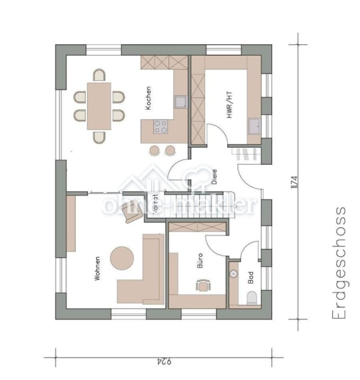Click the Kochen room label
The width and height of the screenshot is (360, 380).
(148, 98)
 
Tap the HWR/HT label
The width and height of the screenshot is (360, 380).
(229, 105)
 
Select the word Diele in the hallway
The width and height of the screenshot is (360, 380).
(214, 176)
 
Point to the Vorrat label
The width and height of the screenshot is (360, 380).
(155, 204)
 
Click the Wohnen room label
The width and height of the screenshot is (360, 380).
(97, 269)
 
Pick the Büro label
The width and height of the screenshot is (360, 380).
(200, 261)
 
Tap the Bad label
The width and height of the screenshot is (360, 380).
(251, 277)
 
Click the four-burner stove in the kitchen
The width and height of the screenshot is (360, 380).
(161, 127)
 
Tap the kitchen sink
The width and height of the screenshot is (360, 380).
(181, 102)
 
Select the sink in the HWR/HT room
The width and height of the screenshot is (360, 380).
(254, 126)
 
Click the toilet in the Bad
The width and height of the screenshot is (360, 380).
(252, 298)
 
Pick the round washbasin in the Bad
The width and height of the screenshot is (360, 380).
(233, 274)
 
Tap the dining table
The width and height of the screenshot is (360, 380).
(99, 106)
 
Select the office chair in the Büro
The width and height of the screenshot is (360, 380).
(203, 285)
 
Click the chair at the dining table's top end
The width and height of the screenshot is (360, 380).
(99, 75)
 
